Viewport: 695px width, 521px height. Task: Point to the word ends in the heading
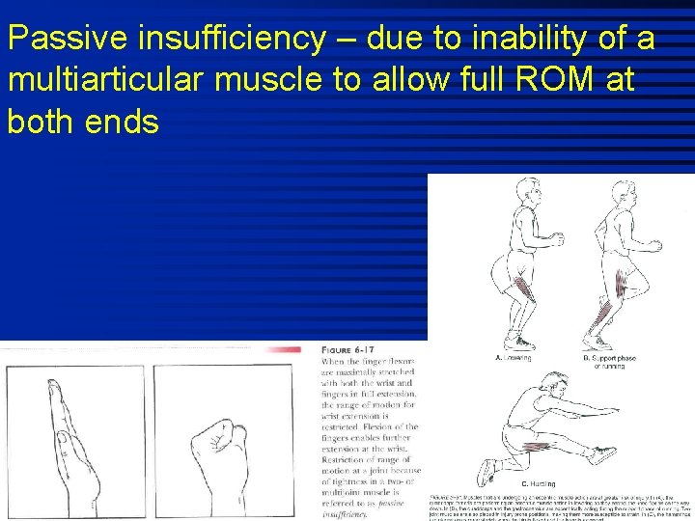(x=122, y=123)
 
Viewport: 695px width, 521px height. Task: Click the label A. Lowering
(x=513, y=357)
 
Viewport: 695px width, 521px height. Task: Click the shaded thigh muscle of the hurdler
(x=550, y=446)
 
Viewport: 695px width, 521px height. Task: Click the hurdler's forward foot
(x=605, y=454)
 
